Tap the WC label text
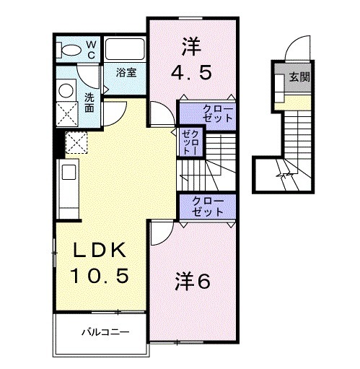pyautogui.click(x=92, y=49)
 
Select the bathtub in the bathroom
pyautogui.click(x=126, y=50)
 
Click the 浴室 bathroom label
pyautogui.click(x=127, y=72)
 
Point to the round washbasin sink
pyautogui.click(x=64, y=91)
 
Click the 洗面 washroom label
pyautogui.click(x=89, y=103)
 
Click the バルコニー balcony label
pyautogui.click(x=104, y=334)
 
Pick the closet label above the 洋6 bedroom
pyautogui.click(x=208, y=206)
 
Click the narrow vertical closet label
pyautogui.click(x=189, y=142)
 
